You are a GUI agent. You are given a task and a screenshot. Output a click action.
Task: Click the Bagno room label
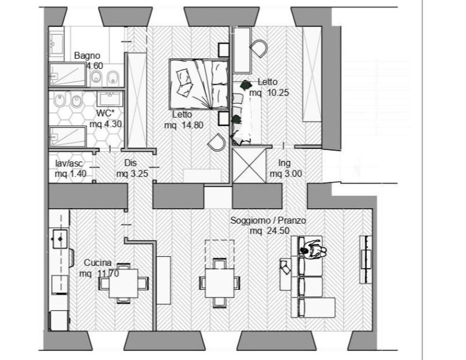87,56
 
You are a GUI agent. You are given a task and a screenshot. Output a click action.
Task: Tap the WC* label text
105,113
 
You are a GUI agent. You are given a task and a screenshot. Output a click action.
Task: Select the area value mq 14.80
184,125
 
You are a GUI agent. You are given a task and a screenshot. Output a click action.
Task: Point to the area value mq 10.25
269,93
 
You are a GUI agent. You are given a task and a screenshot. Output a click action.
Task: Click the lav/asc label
69,163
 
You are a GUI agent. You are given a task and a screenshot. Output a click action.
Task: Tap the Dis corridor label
131,163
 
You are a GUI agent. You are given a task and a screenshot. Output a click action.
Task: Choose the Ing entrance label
284,163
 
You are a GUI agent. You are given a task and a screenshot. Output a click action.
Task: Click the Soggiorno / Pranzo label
268,221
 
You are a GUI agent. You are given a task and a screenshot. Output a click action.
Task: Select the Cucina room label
98,263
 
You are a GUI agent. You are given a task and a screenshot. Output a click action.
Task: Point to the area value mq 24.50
269,231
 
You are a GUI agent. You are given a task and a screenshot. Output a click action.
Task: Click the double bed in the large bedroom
199,85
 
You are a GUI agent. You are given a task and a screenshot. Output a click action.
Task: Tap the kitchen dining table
124,283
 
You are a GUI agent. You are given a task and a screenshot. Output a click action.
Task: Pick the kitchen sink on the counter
61,239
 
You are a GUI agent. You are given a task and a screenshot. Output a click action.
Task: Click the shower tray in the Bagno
68,74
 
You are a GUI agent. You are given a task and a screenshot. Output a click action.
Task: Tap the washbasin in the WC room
110,99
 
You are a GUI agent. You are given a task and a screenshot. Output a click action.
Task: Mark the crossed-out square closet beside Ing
249,166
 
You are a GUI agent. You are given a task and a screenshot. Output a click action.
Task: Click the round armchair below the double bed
217,142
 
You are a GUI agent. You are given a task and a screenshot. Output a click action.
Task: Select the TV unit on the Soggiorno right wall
366,260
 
